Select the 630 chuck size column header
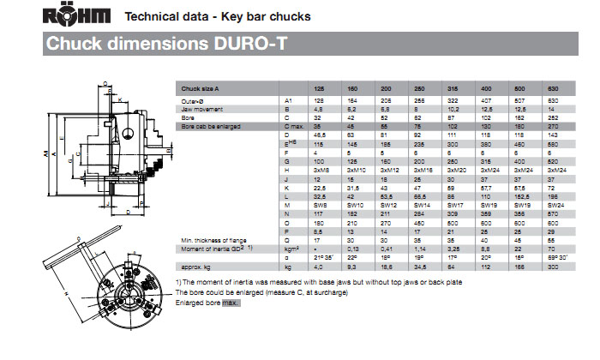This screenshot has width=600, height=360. (555, 89)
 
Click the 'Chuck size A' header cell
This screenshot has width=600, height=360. (201, 89)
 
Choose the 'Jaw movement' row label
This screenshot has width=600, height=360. (202, 110)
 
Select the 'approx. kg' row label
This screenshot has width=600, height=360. (197, 268)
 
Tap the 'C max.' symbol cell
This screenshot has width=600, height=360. (296, 126)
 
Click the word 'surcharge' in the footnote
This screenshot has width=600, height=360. (331, 293)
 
